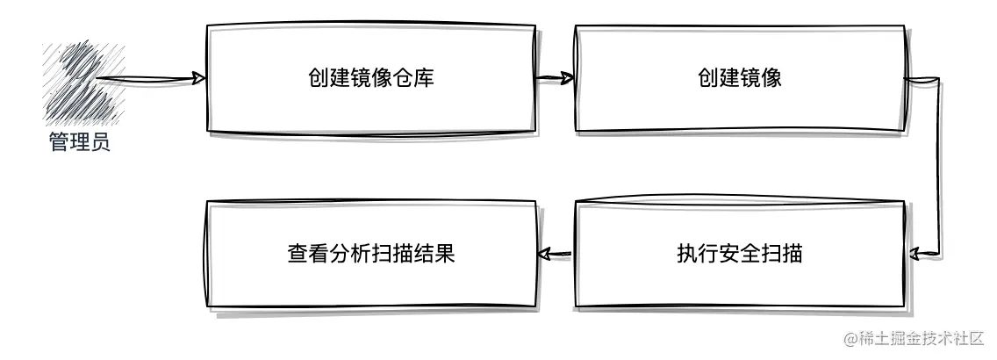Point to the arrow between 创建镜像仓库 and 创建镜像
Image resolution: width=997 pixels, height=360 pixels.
[555, 79]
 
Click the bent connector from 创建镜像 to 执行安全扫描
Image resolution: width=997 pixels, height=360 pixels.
[940, 167]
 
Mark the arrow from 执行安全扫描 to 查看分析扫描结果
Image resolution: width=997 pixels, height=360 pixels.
[555, 255]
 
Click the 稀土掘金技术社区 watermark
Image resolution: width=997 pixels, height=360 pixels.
[914, 339]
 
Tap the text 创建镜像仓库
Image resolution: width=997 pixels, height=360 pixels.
[371, 79]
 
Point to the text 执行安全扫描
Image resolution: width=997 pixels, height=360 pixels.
[740, 255]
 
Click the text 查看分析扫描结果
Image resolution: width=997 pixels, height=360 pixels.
[371, 255]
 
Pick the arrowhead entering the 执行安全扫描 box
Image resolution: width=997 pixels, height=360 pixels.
[915, 255]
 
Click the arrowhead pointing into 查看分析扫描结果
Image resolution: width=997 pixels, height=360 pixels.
[542, 255]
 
